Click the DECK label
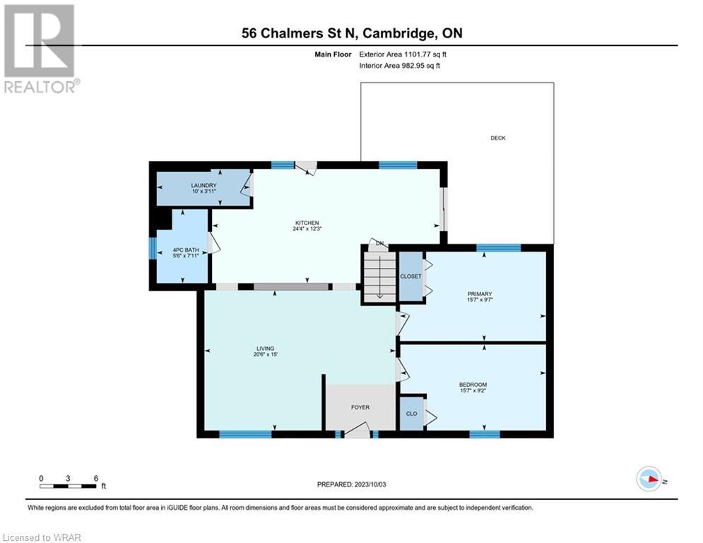[497, 138]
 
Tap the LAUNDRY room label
[203, 185]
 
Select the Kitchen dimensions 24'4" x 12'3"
[307, 228]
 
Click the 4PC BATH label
[186, 250]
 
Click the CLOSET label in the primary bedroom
[410, 276]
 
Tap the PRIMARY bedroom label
[480, 294]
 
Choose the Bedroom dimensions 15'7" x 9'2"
[473, 390]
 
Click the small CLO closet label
[412, 414]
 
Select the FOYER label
[360, 407]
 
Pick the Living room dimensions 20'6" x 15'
[266, 354]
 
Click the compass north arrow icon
[649, 479]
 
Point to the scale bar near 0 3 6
[68, 486]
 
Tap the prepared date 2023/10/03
[370, 484]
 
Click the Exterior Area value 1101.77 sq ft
[425, 54]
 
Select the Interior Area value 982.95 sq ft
[421, 66]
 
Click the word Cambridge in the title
[398, 34]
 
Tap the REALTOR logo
[40, 49]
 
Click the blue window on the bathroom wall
[153, 247]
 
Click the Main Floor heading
[333, 54]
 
